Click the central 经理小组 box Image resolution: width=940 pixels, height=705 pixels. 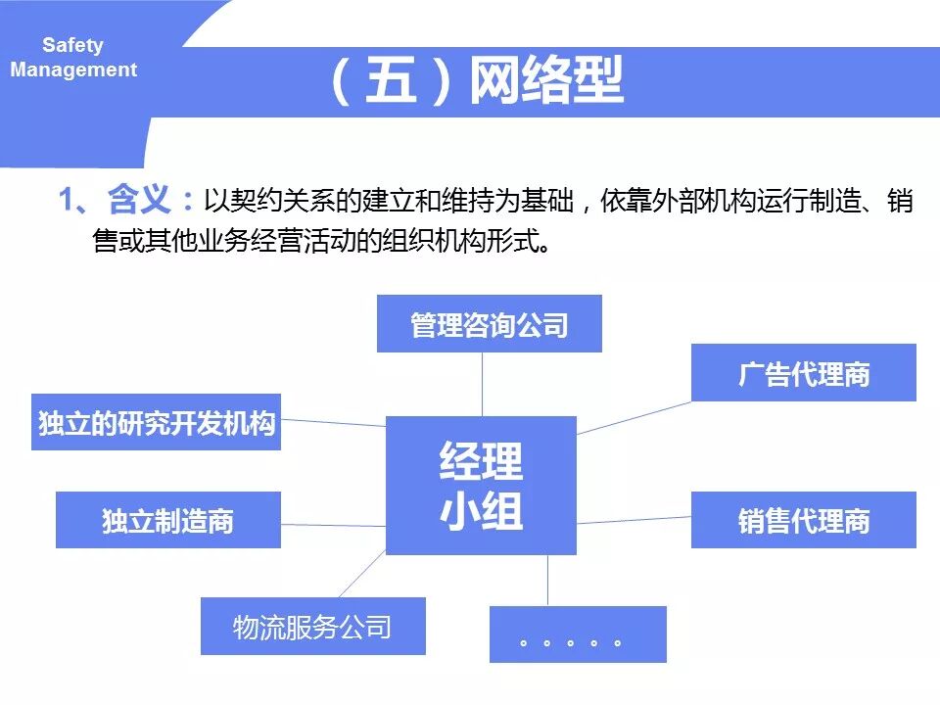pos(481,486)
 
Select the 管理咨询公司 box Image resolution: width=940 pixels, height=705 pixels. pos(489,324)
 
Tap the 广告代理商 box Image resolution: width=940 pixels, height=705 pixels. pos(803,373)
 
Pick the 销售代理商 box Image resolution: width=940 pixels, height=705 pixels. pos(803,520)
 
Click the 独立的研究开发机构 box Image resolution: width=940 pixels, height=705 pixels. pos(156,422)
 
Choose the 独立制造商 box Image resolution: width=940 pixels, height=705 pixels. pos(167,520)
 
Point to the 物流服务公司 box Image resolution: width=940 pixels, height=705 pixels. pos(312,626)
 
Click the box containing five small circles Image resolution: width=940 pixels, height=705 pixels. pos(577,634)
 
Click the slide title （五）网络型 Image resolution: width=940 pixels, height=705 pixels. pos(477,81)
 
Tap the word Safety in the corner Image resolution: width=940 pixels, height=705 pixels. pos(72,45)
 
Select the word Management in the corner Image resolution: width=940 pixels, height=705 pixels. pos(73,70)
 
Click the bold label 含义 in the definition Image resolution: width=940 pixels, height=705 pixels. pos(138,201)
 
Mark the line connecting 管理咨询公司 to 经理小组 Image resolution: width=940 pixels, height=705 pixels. pos(482,384)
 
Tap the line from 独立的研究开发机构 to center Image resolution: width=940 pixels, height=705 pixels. pos(333,422)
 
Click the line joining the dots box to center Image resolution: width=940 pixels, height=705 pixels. pos(547,581)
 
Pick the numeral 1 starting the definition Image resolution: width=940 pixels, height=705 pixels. pos(67,201)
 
